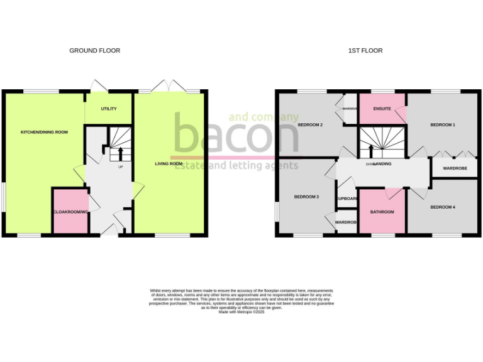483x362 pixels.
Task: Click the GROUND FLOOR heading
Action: click(x=94, y=50)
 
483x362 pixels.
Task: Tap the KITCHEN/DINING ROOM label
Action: click(x=45, y=132)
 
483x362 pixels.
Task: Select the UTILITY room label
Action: click(x=109, y=109)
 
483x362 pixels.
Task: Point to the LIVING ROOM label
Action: click(x=169, y=164)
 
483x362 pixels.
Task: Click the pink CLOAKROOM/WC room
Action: click(x=70, y=211)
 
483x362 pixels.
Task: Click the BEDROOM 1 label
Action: click(x=443, y=125)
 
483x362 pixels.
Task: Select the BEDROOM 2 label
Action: click(x=310, y=125)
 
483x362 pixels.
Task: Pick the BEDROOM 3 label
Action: click(x=307, y=197)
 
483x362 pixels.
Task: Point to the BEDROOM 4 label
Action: click(x=443, y=207)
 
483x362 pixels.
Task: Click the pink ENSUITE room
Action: click(x=382, y=109)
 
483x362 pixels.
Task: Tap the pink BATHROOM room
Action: click(x=382, y=212)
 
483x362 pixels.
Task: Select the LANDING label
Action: click(x=382, y=164)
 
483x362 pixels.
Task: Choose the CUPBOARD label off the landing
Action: click(x=347, y=199)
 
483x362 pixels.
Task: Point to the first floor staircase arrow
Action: click(x=370, y=150)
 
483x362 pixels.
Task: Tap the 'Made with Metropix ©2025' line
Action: click(x=241, y=312)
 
